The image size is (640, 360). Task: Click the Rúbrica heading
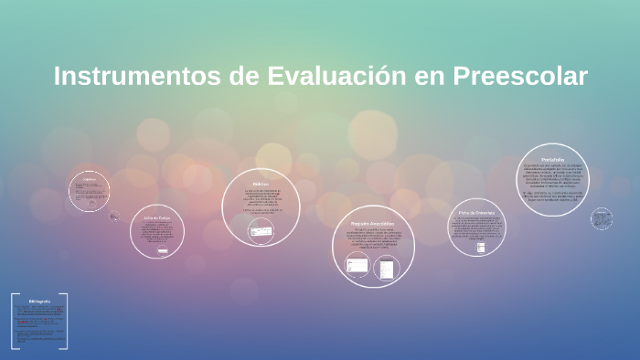point(261,185)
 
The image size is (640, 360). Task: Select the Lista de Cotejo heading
point(157,217)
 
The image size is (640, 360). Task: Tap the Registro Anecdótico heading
point(372,223)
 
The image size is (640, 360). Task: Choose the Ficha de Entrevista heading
point(477,212)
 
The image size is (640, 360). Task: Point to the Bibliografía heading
point(39,301)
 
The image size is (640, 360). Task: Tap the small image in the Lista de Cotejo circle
point(162,249)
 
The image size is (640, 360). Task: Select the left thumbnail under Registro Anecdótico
point(357,266)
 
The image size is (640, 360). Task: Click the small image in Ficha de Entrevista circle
point(481,247)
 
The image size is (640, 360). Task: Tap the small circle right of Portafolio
point(601,218)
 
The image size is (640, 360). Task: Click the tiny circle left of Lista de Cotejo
point(113,217)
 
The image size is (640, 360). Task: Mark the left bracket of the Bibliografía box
point(14,321)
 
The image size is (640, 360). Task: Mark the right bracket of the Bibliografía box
point(65,321)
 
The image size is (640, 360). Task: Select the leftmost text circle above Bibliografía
point(89,191)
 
